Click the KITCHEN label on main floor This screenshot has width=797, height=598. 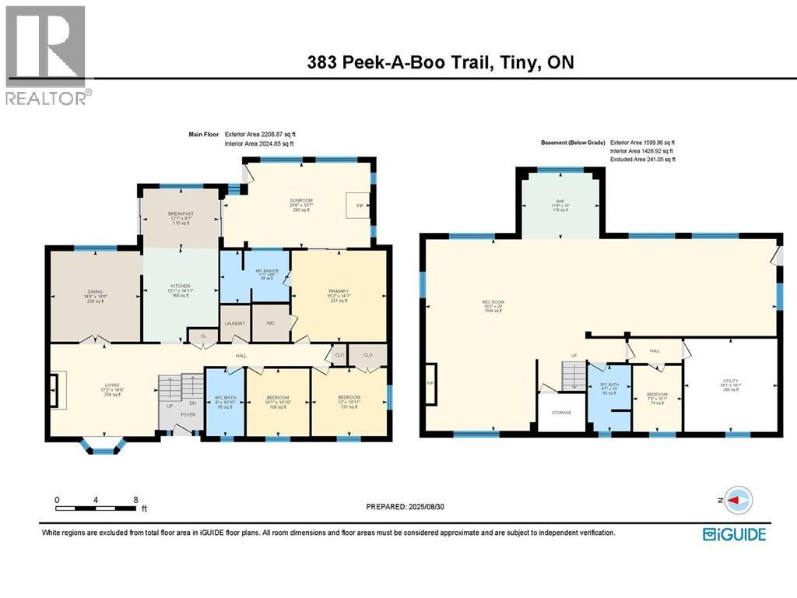click(180, 286)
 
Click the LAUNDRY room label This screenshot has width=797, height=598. click(235, 324)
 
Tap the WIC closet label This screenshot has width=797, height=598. click(271, 324)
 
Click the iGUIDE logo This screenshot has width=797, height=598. click(734, 534)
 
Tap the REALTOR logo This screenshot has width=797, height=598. click(47, 55)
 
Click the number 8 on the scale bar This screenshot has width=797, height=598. click(136, 500)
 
